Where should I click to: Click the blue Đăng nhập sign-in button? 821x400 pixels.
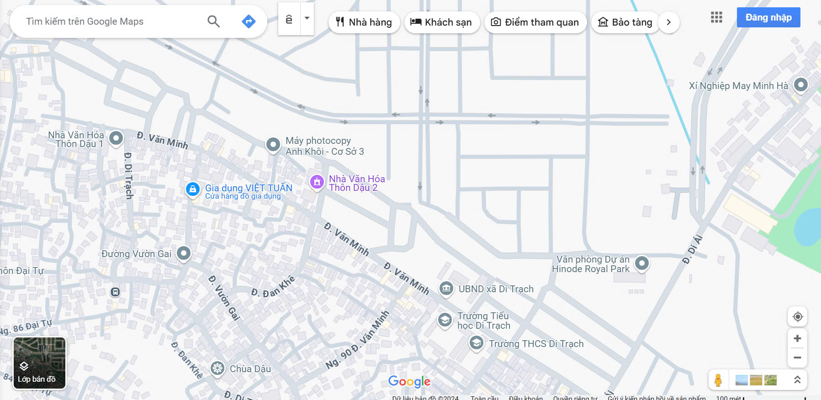(x=768, y=17)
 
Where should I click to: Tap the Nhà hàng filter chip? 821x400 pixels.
(x=364, y=22)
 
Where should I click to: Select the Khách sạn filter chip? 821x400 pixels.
(x=441, y=22)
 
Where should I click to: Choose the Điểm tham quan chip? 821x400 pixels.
(x=535, y=22)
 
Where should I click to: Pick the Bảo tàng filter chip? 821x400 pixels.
(x=625, y=22)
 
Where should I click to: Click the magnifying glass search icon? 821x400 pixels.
(x=213, y=21)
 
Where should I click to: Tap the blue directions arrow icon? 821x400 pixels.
(x=249, y=21)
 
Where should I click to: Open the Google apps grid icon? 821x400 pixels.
(x=716, y=17)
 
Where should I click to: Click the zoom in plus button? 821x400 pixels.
(x=797, y=338)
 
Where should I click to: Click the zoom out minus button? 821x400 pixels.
(x=797, y=358)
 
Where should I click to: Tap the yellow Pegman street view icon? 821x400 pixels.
(x=718, y=380)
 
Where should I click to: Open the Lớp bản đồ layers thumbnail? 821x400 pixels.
(x=39, y=363)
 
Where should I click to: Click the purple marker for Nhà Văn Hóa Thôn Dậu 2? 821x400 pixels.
(x=317, y=182)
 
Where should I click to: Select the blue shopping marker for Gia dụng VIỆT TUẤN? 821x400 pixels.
(x=193, y=189)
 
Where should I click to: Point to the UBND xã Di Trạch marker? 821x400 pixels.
(x=446, y=288)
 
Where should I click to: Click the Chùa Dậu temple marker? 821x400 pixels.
(x=217, y=368)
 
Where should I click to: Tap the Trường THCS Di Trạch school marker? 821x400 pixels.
(x=476, y=342)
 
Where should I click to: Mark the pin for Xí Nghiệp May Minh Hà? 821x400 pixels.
(x=800, y=84)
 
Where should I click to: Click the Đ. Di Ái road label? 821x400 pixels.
(x=693, y=249)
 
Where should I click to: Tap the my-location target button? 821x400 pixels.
(x=798, y=316)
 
